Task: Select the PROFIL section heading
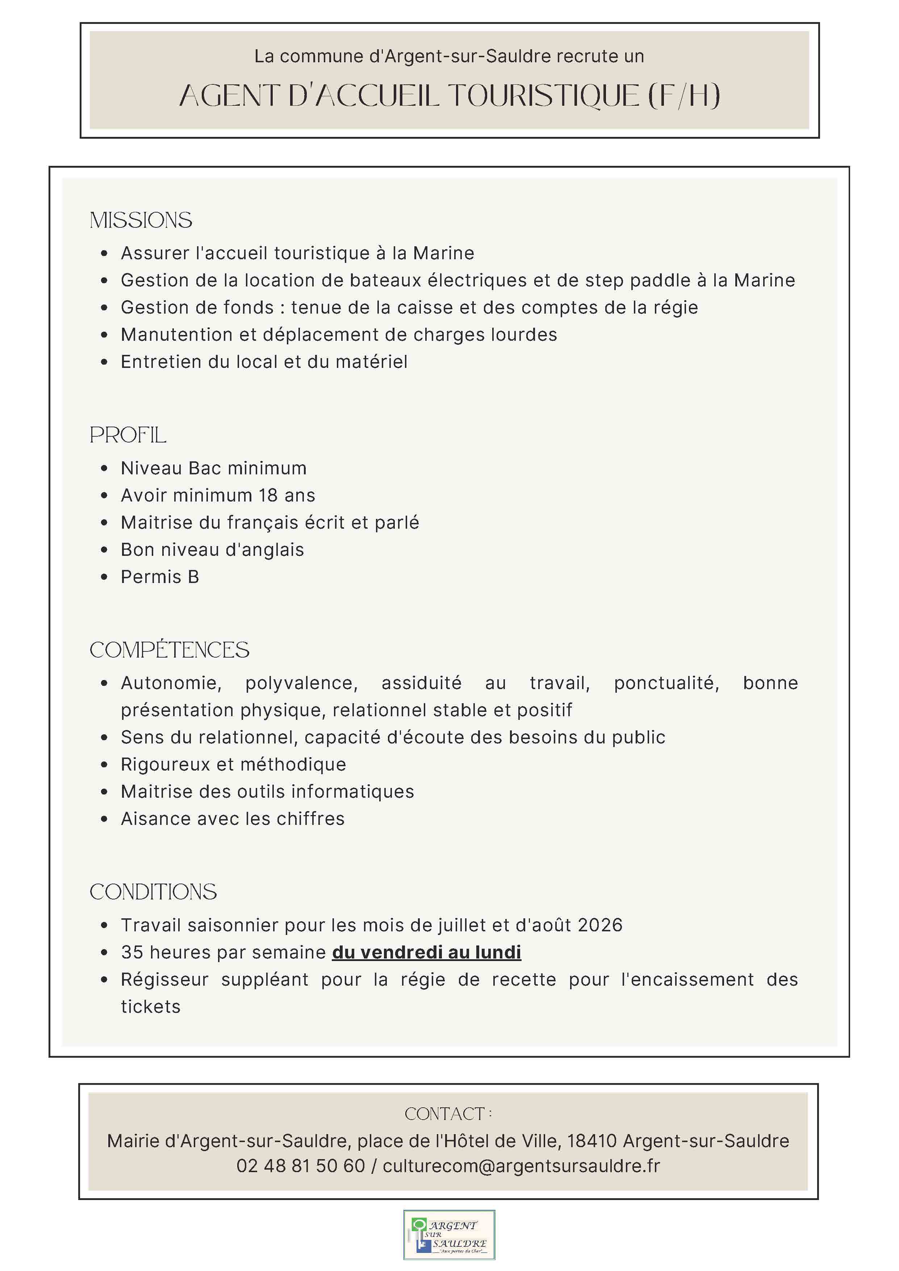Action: tap(128, 435)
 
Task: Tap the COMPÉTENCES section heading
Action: tap(170, 650)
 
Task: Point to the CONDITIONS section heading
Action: tap(153, 892)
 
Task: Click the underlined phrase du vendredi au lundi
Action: tap(426, 952)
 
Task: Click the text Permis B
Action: tap(160, 577)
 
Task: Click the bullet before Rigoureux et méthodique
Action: tap(104, 765)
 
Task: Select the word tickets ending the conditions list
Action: tap(151, 1006)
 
